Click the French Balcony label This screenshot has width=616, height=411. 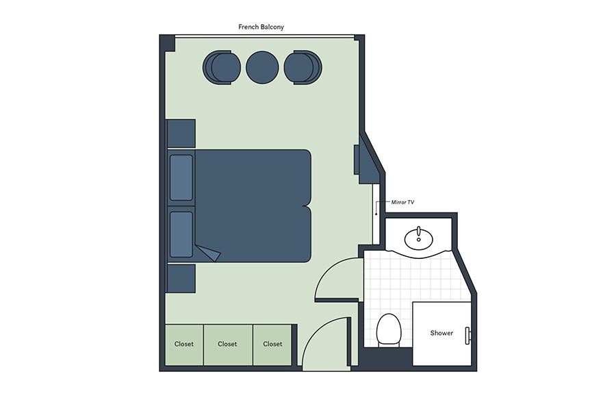[261, 27]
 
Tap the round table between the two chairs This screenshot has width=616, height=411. [262, 67]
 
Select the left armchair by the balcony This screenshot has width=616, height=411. [222, 67]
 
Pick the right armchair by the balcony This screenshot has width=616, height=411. [303, 67]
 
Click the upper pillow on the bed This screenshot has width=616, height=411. [181, 178]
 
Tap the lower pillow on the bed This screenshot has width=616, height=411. [181, 234]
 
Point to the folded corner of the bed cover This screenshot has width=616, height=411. [208, 253]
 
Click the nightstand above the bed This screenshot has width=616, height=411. [181, 134]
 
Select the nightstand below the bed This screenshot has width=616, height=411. [181, 279]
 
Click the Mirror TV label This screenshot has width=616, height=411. [402, 202]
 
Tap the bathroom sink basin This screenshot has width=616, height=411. [419, 238]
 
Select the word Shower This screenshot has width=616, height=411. [441, 333]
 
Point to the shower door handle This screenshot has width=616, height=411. [467, 336]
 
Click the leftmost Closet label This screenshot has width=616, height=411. [184, 344]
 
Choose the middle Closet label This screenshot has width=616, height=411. [227, 344]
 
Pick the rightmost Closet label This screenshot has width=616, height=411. [272, 344]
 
